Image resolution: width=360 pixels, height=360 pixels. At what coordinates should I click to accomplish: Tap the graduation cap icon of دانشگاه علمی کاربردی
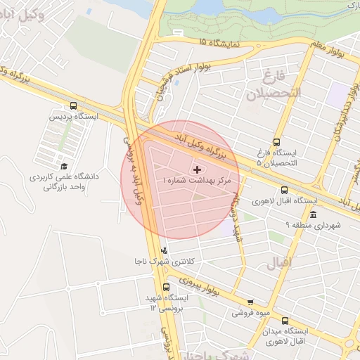[x=65, y=167]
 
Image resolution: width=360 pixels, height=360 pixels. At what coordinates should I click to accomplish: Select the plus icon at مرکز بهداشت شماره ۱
[x=196, y=169]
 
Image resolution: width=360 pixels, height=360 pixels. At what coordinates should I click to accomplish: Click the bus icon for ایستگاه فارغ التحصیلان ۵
[x=276, y=141]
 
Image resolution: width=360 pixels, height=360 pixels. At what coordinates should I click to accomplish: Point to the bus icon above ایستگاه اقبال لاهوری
[x=284, y=190]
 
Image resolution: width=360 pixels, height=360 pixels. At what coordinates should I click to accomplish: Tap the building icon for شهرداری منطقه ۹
[x=313, y=214]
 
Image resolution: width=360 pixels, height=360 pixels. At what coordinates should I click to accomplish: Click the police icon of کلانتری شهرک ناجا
[x=165, y=250]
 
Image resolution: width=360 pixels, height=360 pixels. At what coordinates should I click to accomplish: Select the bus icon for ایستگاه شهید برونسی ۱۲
[x=167, y=287]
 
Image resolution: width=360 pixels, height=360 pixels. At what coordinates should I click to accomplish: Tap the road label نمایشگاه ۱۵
[x=219, y=43]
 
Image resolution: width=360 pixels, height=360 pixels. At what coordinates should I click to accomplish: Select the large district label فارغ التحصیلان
[x=279, y=83]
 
